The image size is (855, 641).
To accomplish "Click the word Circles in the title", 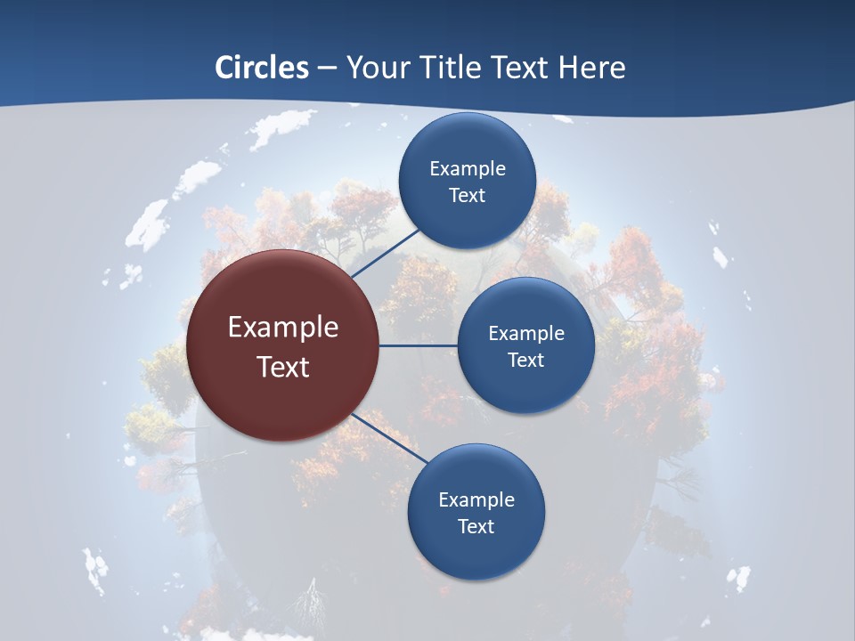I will [262, 68].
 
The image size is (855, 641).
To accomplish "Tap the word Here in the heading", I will [591, 68].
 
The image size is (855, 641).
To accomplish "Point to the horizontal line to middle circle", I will [418, 345].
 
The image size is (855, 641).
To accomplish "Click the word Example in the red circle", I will [283, 328].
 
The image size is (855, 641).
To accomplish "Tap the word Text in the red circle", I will [283, 367].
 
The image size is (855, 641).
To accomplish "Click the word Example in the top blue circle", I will [468, 169].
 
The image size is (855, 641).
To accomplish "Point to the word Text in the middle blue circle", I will [525, 361].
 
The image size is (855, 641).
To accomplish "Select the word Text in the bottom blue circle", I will [476, 527].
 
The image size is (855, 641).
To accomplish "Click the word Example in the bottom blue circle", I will [476, 500].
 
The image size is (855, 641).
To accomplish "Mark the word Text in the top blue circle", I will [467, 196].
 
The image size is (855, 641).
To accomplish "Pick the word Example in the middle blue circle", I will [526, 334].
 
